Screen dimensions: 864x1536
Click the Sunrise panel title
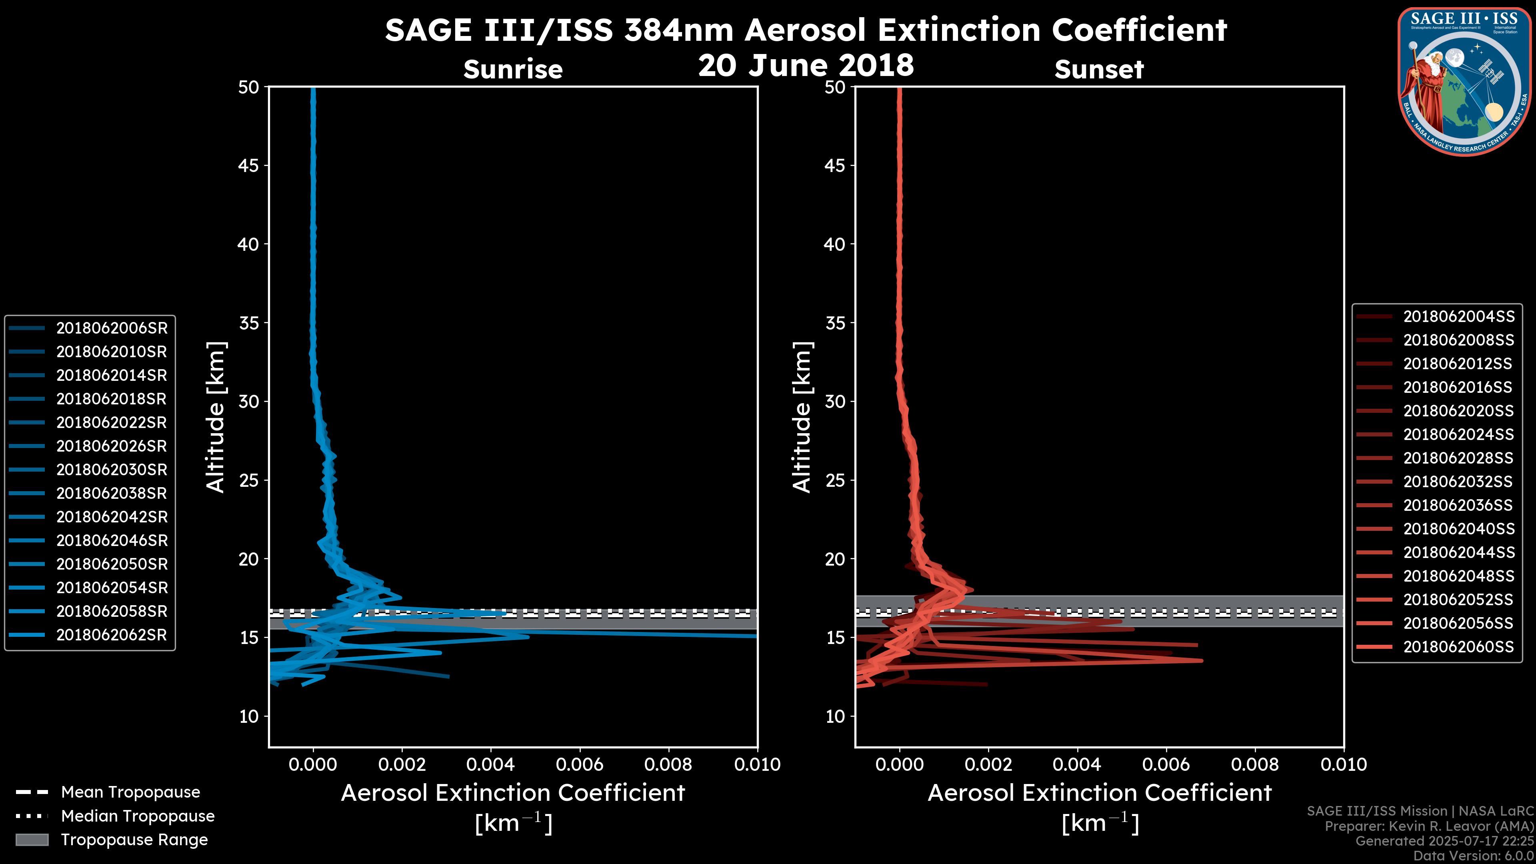[x=513, y=69]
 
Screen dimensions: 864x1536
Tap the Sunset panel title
[x=1099, y=69]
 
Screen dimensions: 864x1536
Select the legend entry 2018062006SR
[x=112, y=328]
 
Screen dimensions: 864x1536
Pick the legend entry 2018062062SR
[x=112, y=634]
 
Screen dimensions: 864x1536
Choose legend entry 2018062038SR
[x=112, y=493]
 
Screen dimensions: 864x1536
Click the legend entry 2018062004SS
[x=1458, y=316]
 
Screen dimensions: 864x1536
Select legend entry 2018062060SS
[x=1458, y=646]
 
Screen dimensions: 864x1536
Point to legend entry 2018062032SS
[x=1458, y=481]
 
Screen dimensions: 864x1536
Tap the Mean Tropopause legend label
[x=130, y=792]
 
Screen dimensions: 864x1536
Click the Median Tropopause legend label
[x=138, y=816]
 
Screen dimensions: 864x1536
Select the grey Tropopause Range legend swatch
[x=32, y=840]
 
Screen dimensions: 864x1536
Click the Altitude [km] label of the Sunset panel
[x=802, y=417]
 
